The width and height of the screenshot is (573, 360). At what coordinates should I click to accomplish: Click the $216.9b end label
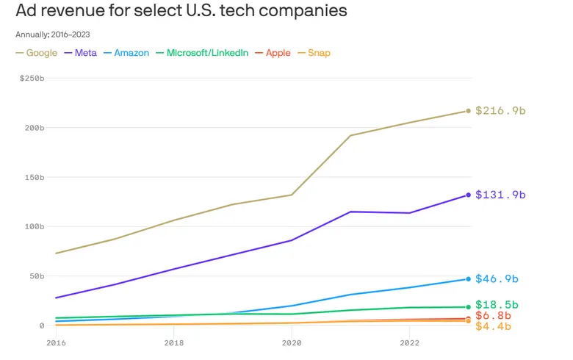click(x=500, y=111)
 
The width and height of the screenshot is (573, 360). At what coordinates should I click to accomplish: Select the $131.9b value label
click(x=500, y=195)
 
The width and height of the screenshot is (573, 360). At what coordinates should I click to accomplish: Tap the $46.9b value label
click(x=497, y=279)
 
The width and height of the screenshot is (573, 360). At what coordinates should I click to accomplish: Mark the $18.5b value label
click(x=497, y=304)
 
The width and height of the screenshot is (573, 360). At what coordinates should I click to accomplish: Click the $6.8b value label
click(x=494, y=315)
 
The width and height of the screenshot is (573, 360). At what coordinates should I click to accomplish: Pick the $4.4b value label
click(x=494, y=326)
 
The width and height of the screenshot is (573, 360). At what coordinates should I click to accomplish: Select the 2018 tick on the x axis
click(x=174, y=342)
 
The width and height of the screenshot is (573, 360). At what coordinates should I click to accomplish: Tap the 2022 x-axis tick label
click(x=409, y=342)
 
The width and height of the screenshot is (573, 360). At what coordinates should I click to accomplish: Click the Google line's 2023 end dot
click(x=468, y=111)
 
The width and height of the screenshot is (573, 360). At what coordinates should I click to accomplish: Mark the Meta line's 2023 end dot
click(x=468, y=195)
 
